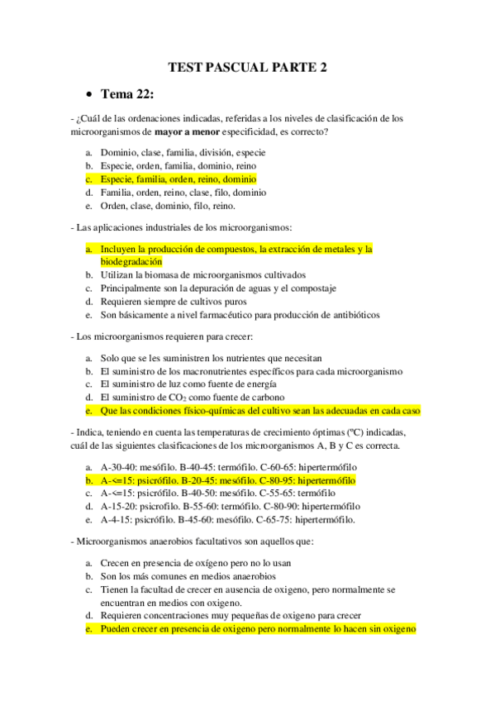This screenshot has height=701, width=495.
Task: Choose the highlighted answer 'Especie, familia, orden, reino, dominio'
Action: pos(178,179)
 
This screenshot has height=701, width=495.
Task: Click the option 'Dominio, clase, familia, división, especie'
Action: pos(183,152)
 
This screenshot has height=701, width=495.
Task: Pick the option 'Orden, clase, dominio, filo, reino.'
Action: pos(168,206)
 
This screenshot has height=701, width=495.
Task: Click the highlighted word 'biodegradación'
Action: pos(131,261)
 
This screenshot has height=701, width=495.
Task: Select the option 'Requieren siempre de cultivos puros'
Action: pos(174,302)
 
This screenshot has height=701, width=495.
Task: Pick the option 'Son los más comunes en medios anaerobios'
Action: pos(188,575)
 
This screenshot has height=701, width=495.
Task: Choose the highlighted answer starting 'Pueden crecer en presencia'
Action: pos(257,629)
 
